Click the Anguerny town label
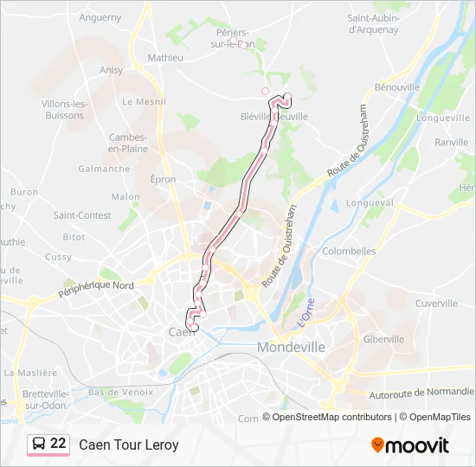tap(100, 16)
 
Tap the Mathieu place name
tap(165, 58)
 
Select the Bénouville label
tap(397, 87)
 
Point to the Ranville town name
tap(452, 142)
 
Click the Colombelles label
tap(349, 251)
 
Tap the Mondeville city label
tap(291, 347)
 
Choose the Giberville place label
tap(383, 339)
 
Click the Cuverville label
tap(436, 304)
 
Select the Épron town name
tap(163, 180)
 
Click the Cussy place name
tap(59, 257)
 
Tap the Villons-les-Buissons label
tap(64, 110)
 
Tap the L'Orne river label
tap(305, 312)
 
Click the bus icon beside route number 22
tap(38, 445)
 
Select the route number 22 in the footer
tap(58, 445)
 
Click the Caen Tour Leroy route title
tap(129, 445)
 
